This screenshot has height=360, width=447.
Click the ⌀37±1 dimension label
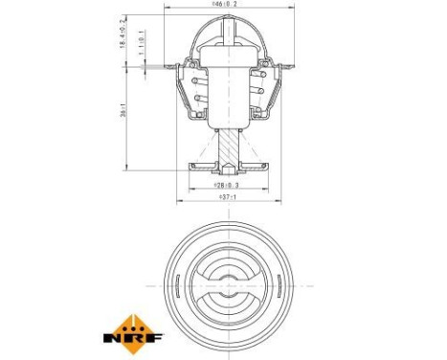[x=226, y=199]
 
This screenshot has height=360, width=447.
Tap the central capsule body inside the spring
[x=226, y=91]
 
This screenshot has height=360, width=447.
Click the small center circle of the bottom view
[x=226, y=284]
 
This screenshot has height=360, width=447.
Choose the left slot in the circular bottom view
[x=199, y=284]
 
